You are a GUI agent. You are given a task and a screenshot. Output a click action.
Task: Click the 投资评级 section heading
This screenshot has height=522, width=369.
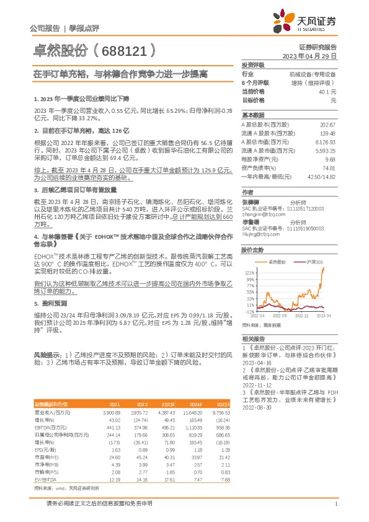[x=253, y=64]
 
